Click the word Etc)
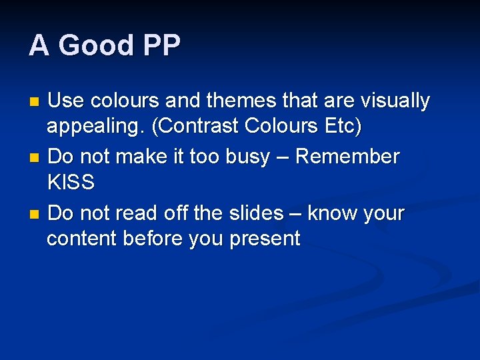coord(342,127)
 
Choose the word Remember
coord(347,157)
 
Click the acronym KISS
coord(71,182)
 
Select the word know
coord(327,213)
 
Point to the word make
coord(130,157)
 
